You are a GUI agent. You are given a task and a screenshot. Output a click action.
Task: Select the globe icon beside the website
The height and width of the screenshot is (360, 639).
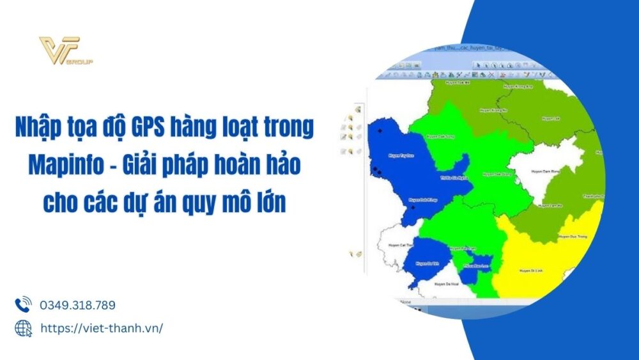tap(23, 328)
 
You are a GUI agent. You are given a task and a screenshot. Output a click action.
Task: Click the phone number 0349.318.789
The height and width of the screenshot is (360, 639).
tap(77, 305)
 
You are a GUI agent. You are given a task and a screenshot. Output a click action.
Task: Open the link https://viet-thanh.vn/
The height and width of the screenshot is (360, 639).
tap(102, 328)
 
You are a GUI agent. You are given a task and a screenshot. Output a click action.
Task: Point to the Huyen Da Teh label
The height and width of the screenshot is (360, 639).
tap(424, 263)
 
